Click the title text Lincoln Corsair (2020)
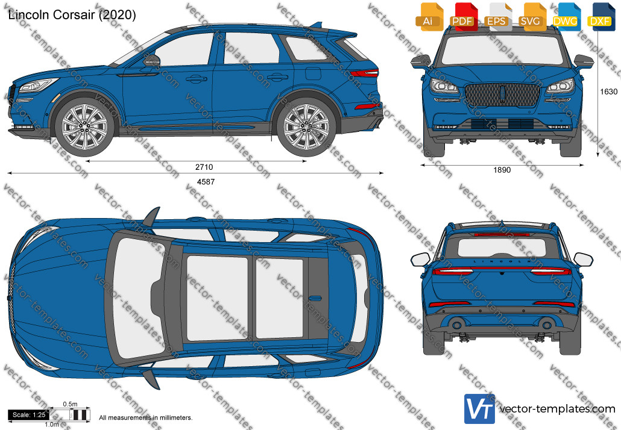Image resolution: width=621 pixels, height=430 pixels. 72,14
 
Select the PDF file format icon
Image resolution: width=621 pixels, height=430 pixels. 463,17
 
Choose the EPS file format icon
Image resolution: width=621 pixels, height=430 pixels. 497,17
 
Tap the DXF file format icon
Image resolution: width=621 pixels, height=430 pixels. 600,17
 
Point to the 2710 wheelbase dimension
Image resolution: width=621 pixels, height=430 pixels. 204,167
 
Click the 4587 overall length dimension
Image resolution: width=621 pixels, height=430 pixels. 206,181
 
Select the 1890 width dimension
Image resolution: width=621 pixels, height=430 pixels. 502,170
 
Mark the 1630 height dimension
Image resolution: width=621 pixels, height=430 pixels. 609,92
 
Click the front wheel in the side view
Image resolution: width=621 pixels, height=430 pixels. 84,127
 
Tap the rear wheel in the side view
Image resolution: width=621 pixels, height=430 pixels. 306,127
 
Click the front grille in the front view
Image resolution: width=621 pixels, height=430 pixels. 503,95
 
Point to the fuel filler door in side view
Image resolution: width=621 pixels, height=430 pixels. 313,73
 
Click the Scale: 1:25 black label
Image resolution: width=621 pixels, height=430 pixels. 28,415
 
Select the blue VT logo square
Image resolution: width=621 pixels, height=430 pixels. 479,409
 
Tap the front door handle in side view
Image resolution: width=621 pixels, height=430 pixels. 197,79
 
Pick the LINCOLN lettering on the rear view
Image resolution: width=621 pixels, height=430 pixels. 502,261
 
